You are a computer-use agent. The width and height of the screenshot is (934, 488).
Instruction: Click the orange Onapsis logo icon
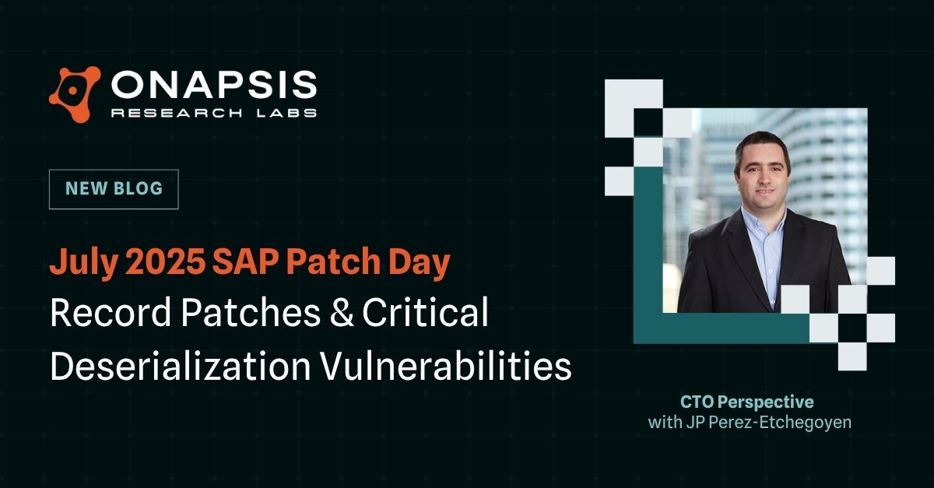tap(75, 94)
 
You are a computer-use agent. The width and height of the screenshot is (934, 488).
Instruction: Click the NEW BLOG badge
tap(114, 189)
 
